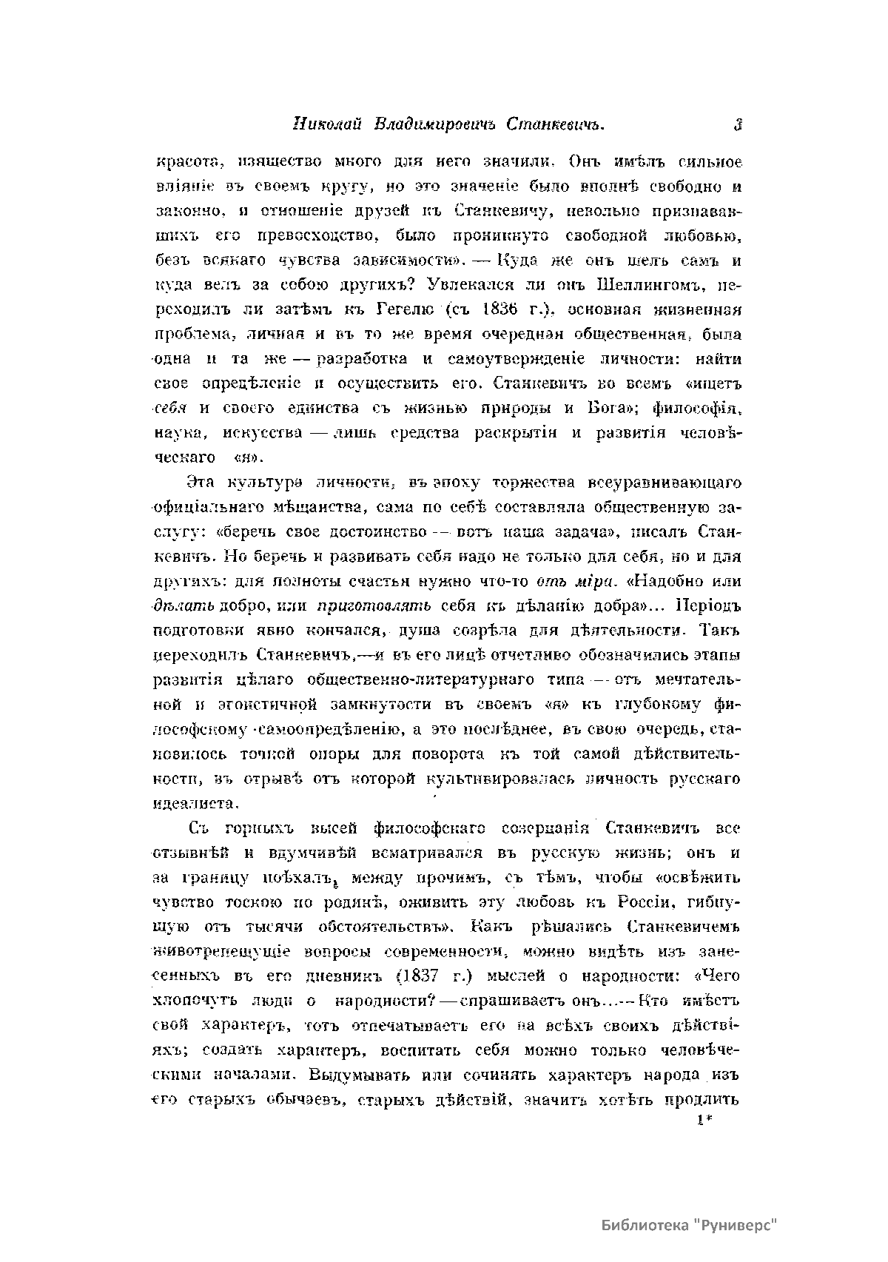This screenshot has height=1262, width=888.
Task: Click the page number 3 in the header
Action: coord(737,125)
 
